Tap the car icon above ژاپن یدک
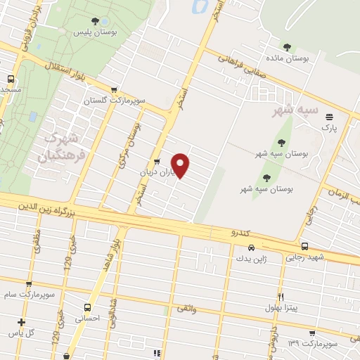tap(252, 247)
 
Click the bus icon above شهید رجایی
tap(304, 247)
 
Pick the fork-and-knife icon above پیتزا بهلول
tap(281, 297)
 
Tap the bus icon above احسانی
tap(87, 307)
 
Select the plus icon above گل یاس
tap(21, 322)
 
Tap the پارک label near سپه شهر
tap(329, 128)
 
